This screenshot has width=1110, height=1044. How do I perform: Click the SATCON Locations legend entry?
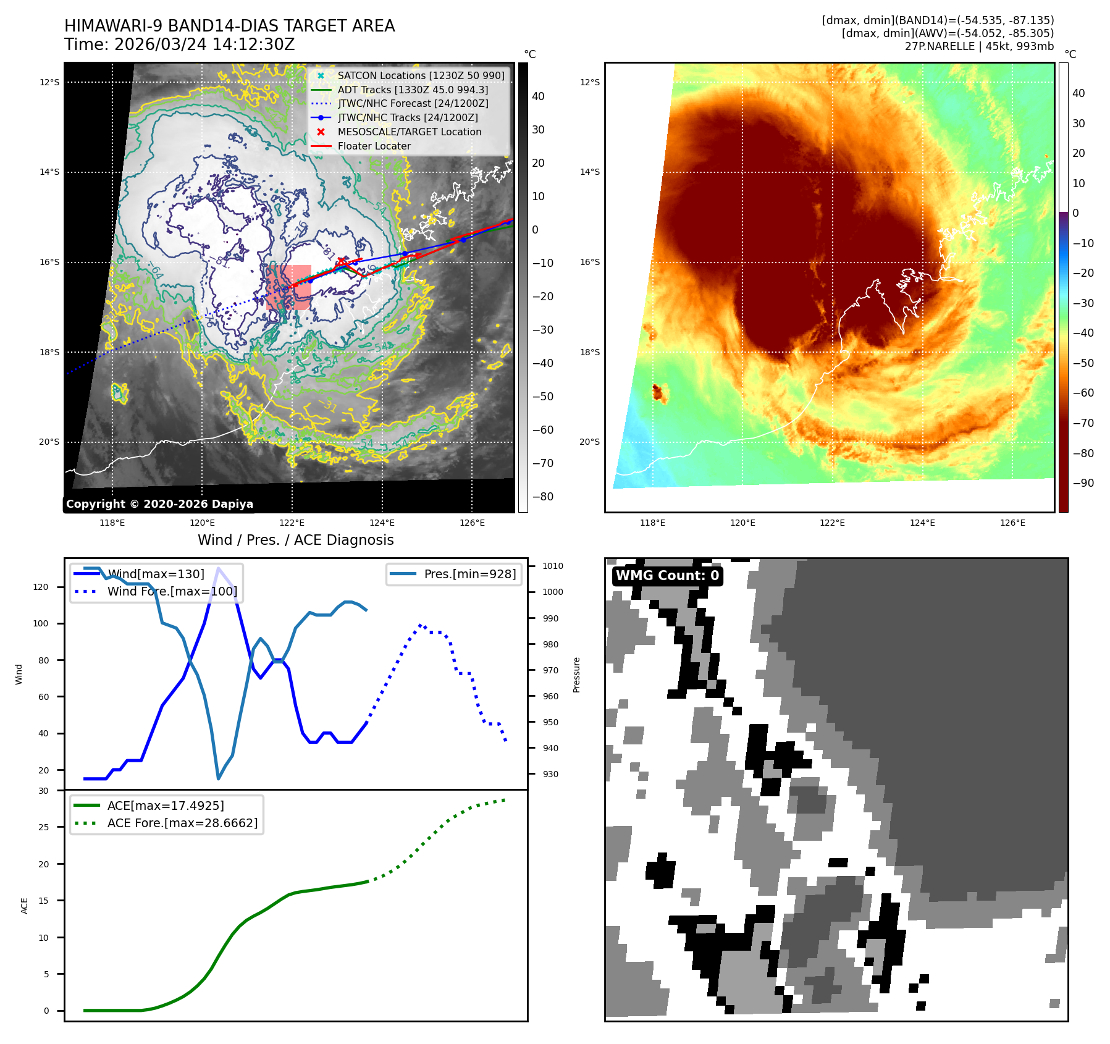point(421,75)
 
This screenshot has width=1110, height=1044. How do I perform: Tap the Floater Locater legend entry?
point(374,146)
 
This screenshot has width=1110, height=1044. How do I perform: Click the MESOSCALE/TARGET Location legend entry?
point(409,132)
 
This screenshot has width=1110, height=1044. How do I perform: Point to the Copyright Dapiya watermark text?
point(159,504)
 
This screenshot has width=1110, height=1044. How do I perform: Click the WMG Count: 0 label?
point(667,576)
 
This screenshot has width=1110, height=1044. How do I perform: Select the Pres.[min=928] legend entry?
point(469,574)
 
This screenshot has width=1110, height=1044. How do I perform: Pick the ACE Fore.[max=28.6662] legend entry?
point(182,823)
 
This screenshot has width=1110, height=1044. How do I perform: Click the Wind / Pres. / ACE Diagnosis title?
point(295,540)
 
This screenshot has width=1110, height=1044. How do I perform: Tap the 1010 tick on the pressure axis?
point(553,566)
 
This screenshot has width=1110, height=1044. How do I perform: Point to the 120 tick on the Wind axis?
point(41,587)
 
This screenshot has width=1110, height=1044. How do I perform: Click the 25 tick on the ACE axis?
point(43,827)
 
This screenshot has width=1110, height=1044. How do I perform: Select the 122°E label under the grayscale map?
point(292,523)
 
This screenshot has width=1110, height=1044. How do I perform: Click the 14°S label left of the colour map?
point(590,172)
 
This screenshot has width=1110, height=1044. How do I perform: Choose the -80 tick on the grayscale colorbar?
point(543,497)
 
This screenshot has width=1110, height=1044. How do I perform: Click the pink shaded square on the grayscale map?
point(288,287)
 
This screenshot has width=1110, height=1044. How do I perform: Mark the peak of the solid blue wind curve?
point(218,568)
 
